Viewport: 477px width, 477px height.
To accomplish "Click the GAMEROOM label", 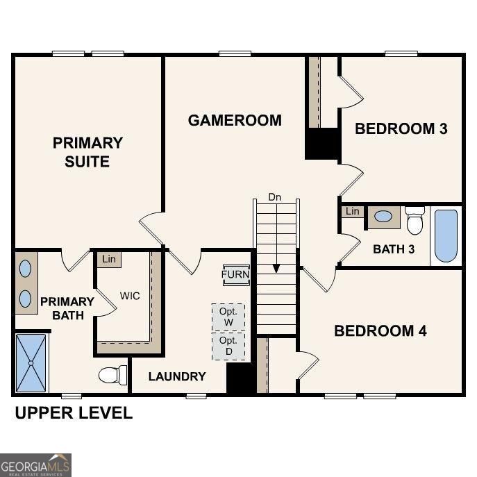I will click(235, 120).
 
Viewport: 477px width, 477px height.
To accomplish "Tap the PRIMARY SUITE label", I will click(87, 152).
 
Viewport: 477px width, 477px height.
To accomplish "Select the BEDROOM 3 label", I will click(401, 128).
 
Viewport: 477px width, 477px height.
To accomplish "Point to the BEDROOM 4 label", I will click(380, 330).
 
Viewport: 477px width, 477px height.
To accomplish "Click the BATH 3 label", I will click(394, 249).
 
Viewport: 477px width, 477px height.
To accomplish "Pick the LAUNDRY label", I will click(177, 376).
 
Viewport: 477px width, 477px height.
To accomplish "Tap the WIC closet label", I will click(129, 296).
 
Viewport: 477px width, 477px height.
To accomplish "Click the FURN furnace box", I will click(235, 274).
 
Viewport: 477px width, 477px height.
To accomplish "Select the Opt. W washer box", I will click(228, 317).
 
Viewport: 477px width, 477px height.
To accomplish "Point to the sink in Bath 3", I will click(383, 217).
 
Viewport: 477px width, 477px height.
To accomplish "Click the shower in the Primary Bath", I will click(32, 362).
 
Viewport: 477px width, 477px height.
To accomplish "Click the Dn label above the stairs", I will click(275, 197).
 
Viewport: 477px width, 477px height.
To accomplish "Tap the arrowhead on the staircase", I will click(276, 268).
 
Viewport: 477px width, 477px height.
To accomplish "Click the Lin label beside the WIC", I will click(108, 259).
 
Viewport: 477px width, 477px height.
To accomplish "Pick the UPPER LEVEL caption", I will click(74, 413).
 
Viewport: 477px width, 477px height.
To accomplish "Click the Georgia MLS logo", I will click(35, 465).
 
